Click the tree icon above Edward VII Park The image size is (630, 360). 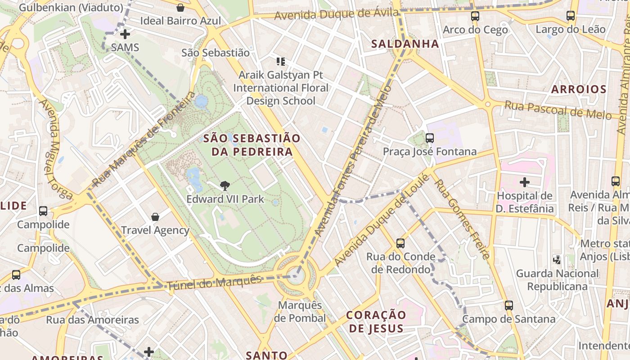225,185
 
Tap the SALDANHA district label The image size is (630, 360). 405,44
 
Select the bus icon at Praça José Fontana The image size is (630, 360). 430,138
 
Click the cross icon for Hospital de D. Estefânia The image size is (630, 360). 525,182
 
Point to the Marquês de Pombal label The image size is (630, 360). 300,311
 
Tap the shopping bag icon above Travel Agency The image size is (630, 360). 155,217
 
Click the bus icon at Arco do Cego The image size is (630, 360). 475,16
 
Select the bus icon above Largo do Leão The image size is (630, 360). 571,16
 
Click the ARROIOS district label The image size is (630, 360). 579,89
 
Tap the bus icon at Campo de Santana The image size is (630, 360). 509,306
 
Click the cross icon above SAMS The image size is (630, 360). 125,34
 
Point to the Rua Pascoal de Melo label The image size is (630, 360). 558,110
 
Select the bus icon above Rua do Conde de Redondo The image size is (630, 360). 400,243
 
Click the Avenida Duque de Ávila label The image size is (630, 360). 336,14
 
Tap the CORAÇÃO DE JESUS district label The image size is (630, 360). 376,321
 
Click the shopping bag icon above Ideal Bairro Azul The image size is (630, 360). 180,8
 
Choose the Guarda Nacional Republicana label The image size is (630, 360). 557,280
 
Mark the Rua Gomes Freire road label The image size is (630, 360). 462,219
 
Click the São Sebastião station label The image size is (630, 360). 216,53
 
